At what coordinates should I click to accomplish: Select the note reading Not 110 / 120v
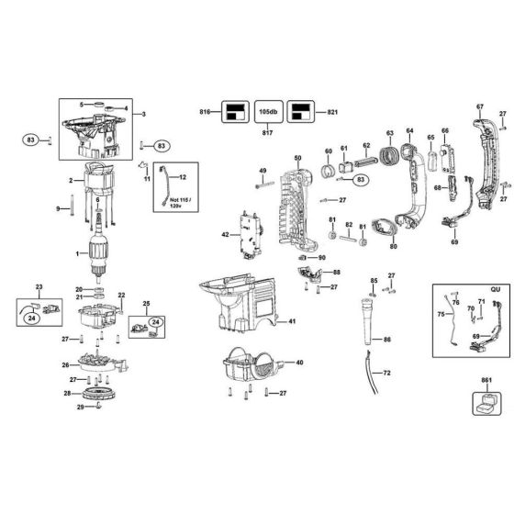pyautogui.click(x=168, y=205)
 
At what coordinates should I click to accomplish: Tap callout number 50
pyautogui.click(x=296, y=159)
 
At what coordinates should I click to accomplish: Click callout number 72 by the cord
pyautogui.click(x=386, y=374)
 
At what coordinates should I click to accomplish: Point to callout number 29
pyautogui.click(x=80, y=407)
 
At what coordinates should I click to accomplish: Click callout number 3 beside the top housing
pyautogui.click(x=143, y=114)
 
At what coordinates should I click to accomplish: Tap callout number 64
pyautogui.click(x=409, y=131)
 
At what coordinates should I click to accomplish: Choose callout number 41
pyautogui.click(x=293, y=321)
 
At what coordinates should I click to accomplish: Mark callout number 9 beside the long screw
pyautogui.click(x=58, y=210)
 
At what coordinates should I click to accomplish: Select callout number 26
pyautogui.click(x=64, y=364)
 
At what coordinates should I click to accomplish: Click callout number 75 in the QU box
pyautogui.click(x=439, y=314)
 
